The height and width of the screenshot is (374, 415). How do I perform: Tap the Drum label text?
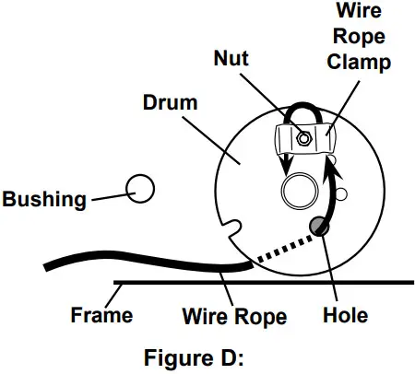point(169,101)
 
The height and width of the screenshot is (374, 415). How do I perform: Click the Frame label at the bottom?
point(101,316)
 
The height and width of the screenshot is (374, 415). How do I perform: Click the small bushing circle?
point(139,188)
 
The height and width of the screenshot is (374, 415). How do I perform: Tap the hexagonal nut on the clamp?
point(302,139)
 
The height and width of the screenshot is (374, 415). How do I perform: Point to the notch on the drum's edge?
point(234,228)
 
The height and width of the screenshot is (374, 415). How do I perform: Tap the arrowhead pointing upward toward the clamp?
point(332,173)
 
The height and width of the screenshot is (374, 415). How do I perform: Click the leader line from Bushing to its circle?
point(108,194)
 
